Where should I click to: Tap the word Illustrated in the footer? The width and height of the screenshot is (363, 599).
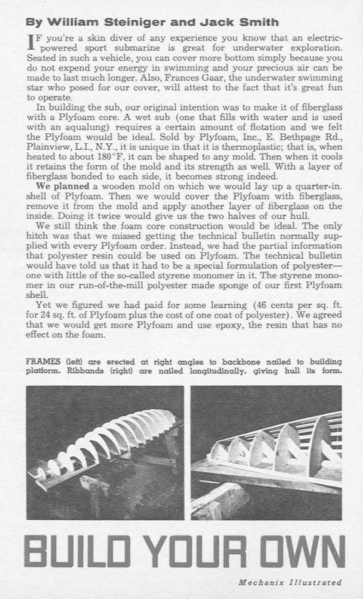[x=315, y=582]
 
